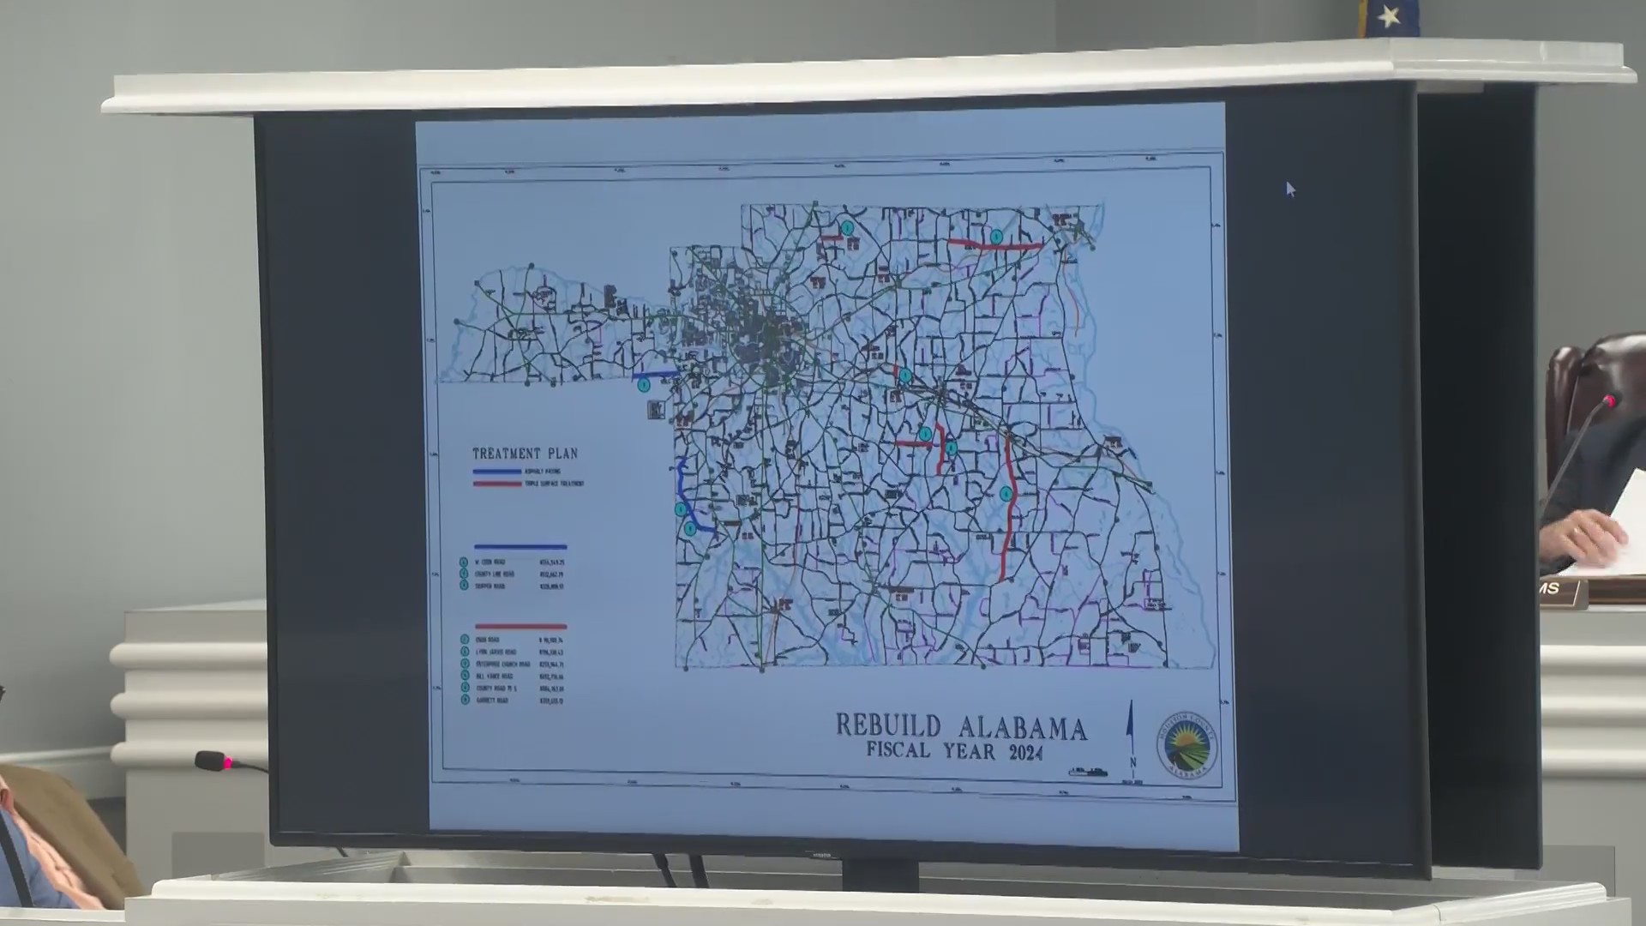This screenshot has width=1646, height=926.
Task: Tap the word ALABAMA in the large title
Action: pyautogui.click(x=1023, y=729)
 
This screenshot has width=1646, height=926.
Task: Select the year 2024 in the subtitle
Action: pyautogui.click(x=1025, y=754)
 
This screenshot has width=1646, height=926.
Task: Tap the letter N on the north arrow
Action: pyautogui.click(x=1132, y=761)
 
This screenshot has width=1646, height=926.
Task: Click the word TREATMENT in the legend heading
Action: pyautogui.click(x=507, y=454)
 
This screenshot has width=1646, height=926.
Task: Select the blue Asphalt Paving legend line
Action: pyautogui.click(x=497, y=472)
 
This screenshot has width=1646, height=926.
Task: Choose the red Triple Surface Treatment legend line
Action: pyautogui.click(x=497, y=484)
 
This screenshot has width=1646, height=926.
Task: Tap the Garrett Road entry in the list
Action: pyautogui.click(x=497, y=701)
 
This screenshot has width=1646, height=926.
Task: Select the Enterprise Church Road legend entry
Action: pyautogui.click(x=506, y=664)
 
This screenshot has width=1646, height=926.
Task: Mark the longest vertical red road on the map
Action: pyautogui.click(x=1009, y=506)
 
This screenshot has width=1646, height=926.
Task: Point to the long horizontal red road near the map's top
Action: pyautogui.click(x=994, y=246)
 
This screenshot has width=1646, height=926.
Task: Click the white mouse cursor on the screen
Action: pyautogui.click(x=1290, y=189)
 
